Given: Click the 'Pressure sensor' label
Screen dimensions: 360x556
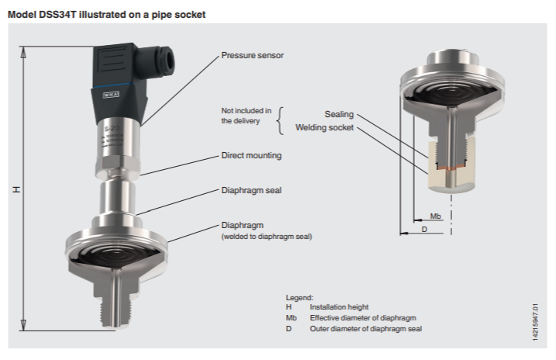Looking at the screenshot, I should (252, 56).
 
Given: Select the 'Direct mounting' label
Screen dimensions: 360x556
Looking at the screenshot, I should (251, 155).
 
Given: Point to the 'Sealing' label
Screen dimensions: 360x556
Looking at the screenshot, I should (338, 114).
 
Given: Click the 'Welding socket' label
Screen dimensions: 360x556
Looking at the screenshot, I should (324, 127).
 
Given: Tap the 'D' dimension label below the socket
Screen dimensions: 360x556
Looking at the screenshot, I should (423, 230).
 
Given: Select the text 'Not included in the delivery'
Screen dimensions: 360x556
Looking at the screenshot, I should (246, 116).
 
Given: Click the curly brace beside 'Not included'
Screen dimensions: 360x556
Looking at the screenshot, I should (281, 116).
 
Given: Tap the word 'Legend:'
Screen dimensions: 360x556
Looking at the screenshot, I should (299, 298).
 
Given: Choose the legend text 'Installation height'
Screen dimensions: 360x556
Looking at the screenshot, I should (339, 307).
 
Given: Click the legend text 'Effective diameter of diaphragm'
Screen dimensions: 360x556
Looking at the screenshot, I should (363, 318).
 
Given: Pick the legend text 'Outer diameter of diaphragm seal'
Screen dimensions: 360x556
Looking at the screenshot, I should (366, 329).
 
